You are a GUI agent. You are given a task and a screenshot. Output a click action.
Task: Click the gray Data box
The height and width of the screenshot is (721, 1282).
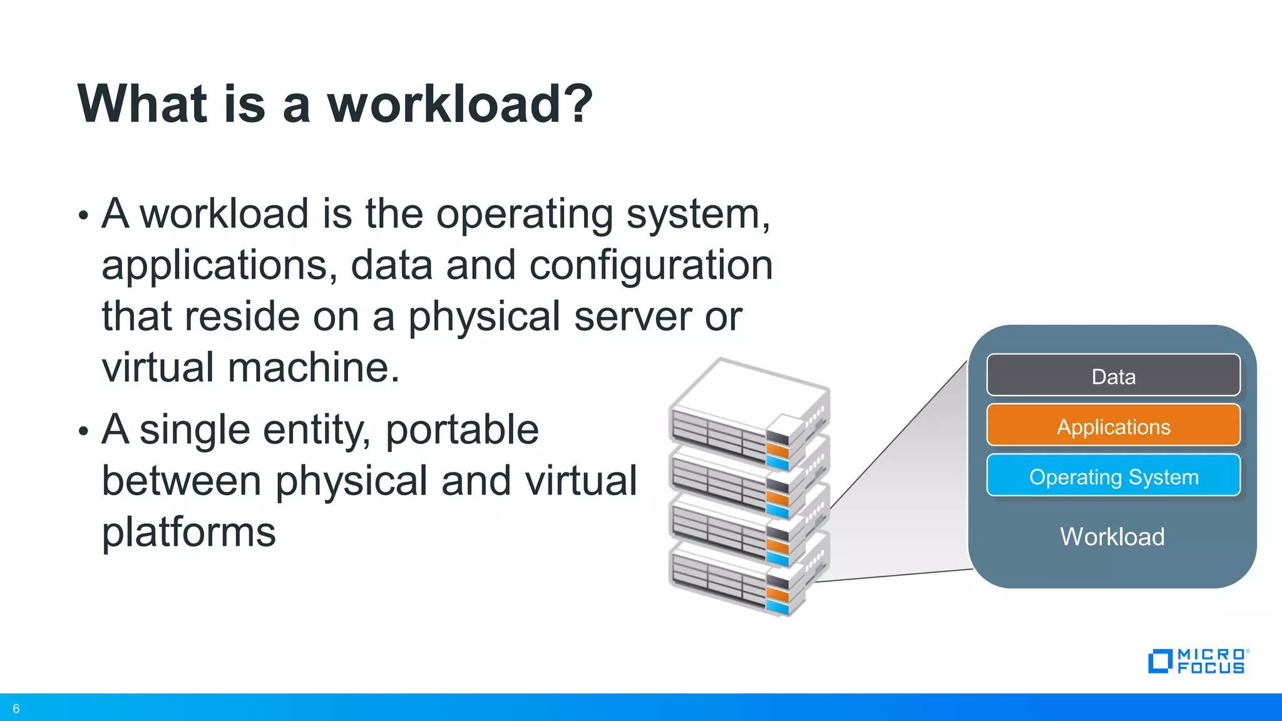click(x=1113, y=376)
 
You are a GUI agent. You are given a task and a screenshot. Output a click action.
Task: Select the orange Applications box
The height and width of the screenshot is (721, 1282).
click(x=1113, y=426)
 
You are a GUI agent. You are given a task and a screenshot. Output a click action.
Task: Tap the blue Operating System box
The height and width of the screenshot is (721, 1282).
click(x=1113, y=476)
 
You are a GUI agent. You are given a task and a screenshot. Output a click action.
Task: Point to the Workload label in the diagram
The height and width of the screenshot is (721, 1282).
click(x=1112, y=537)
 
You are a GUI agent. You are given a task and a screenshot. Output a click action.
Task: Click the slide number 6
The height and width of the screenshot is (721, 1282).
click(x=16, y=708)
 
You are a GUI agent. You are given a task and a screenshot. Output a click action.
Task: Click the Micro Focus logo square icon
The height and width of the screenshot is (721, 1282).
click(x=1160, y=662)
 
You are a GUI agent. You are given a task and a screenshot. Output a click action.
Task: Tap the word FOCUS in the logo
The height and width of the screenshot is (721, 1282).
click(x=1211, y=668)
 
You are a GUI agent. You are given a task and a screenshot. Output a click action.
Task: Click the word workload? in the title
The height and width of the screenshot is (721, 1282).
click(x=460, y=104)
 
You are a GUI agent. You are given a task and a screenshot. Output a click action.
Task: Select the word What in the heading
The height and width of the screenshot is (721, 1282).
click(x=142, y=104)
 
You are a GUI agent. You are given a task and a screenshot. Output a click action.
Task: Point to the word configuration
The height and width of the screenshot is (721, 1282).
click(x=651, y=265)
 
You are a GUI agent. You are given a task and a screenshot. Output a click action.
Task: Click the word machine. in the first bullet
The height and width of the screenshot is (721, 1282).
click(x=313, y=367)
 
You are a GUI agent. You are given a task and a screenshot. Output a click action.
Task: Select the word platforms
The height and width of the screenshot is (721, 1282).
click(x=188, y=533)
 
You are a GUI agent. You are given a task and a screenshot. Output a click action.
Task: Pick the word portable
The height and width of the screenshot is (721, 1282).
click(x=462, y=430)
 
